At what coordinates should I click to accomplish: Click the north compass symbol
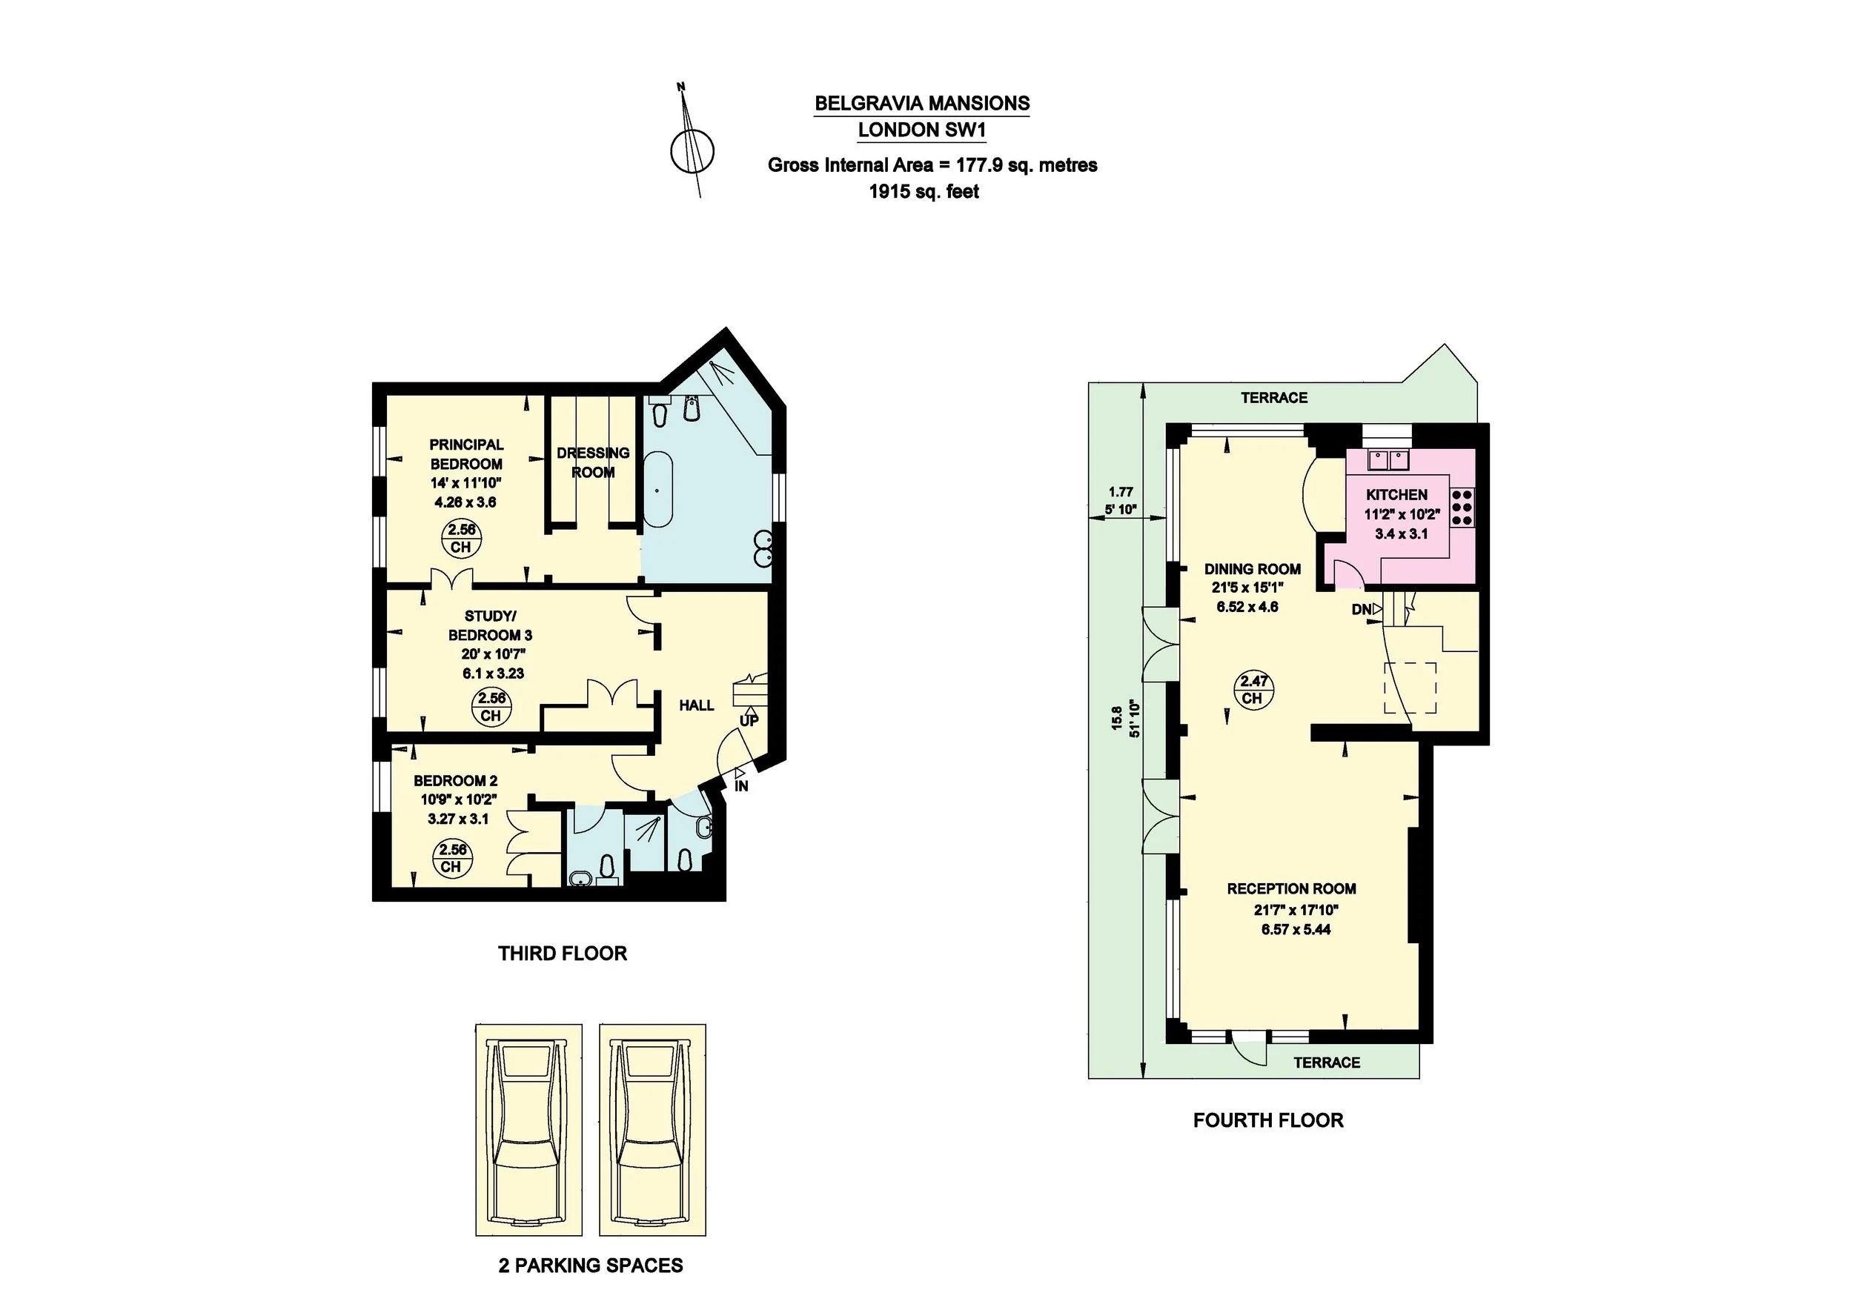(692, 150)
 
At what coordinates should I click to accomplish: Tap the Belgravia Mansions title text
(921, 103)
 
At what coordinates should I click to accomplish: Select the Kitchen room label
(1396, 494)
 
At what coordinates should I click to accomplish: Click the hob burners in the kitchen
(1462, 508)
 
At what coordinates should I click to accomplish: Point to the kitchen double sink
(1387, 461)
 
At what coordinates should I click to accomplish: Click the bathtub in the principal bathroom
(657, 490)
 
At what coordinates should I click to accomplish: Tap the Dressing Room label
(593, 462)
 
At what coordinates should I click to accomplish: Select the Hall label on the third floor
(697, 705)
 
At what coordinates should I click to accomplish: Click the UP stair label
(749, 720)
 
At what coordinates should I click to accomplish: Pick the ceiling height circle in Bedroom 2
(452, 857)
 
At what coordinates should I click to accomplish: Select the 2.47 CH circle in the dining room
(1253, 691)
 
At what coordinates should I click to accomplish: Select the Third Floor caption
(563, 954)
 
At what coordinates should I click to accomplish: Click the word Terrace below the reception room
(1327, 1063)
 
